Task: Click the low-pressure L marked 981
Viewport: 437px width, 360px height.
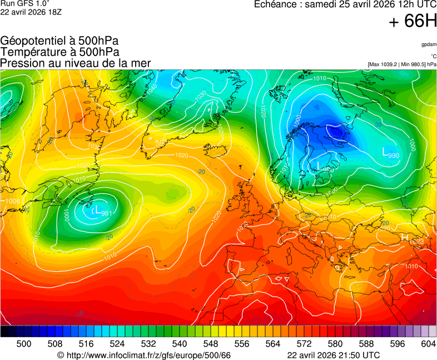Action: point(97,211)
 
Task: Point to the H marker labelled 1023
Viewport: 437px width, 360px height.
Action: point(404,238)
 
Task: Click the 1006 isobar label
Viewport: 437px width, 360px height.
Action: point(13,201)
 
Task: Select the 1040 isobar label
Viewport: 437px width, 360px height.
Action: point(151,87)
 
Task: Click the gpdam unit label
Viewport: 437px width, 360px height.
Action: point(429,44)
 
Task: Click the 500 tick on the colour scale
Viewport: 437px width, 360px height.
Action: point(24,344)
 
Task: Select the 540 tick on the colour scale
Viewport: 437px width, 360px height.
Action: point(180,344)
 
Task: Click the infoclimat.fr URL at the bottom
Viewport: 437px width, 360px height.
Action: point(148,355)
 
